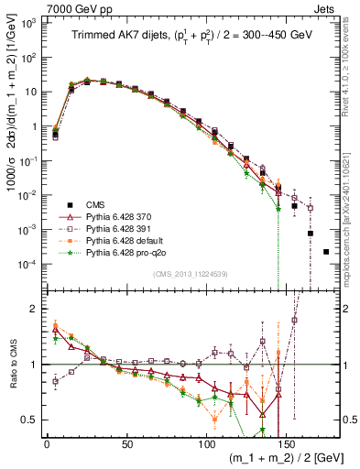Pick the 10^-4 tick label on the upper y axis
pos(30,264)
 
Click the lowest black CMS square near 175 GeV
pos(326,251)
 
